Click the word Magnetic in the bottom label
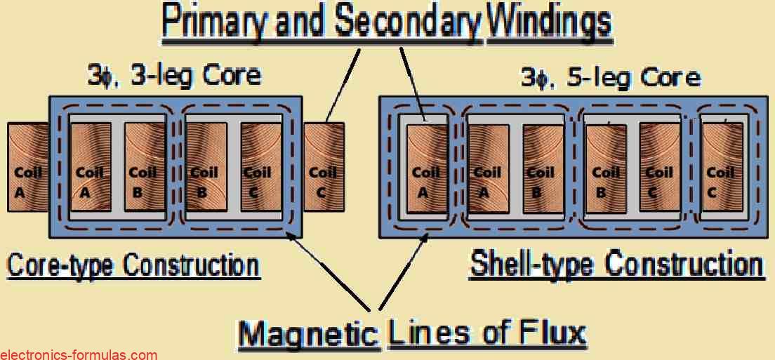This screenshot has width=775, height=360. point(308,334)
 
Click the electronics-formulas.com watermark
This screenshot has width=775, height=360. point(78,354)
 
